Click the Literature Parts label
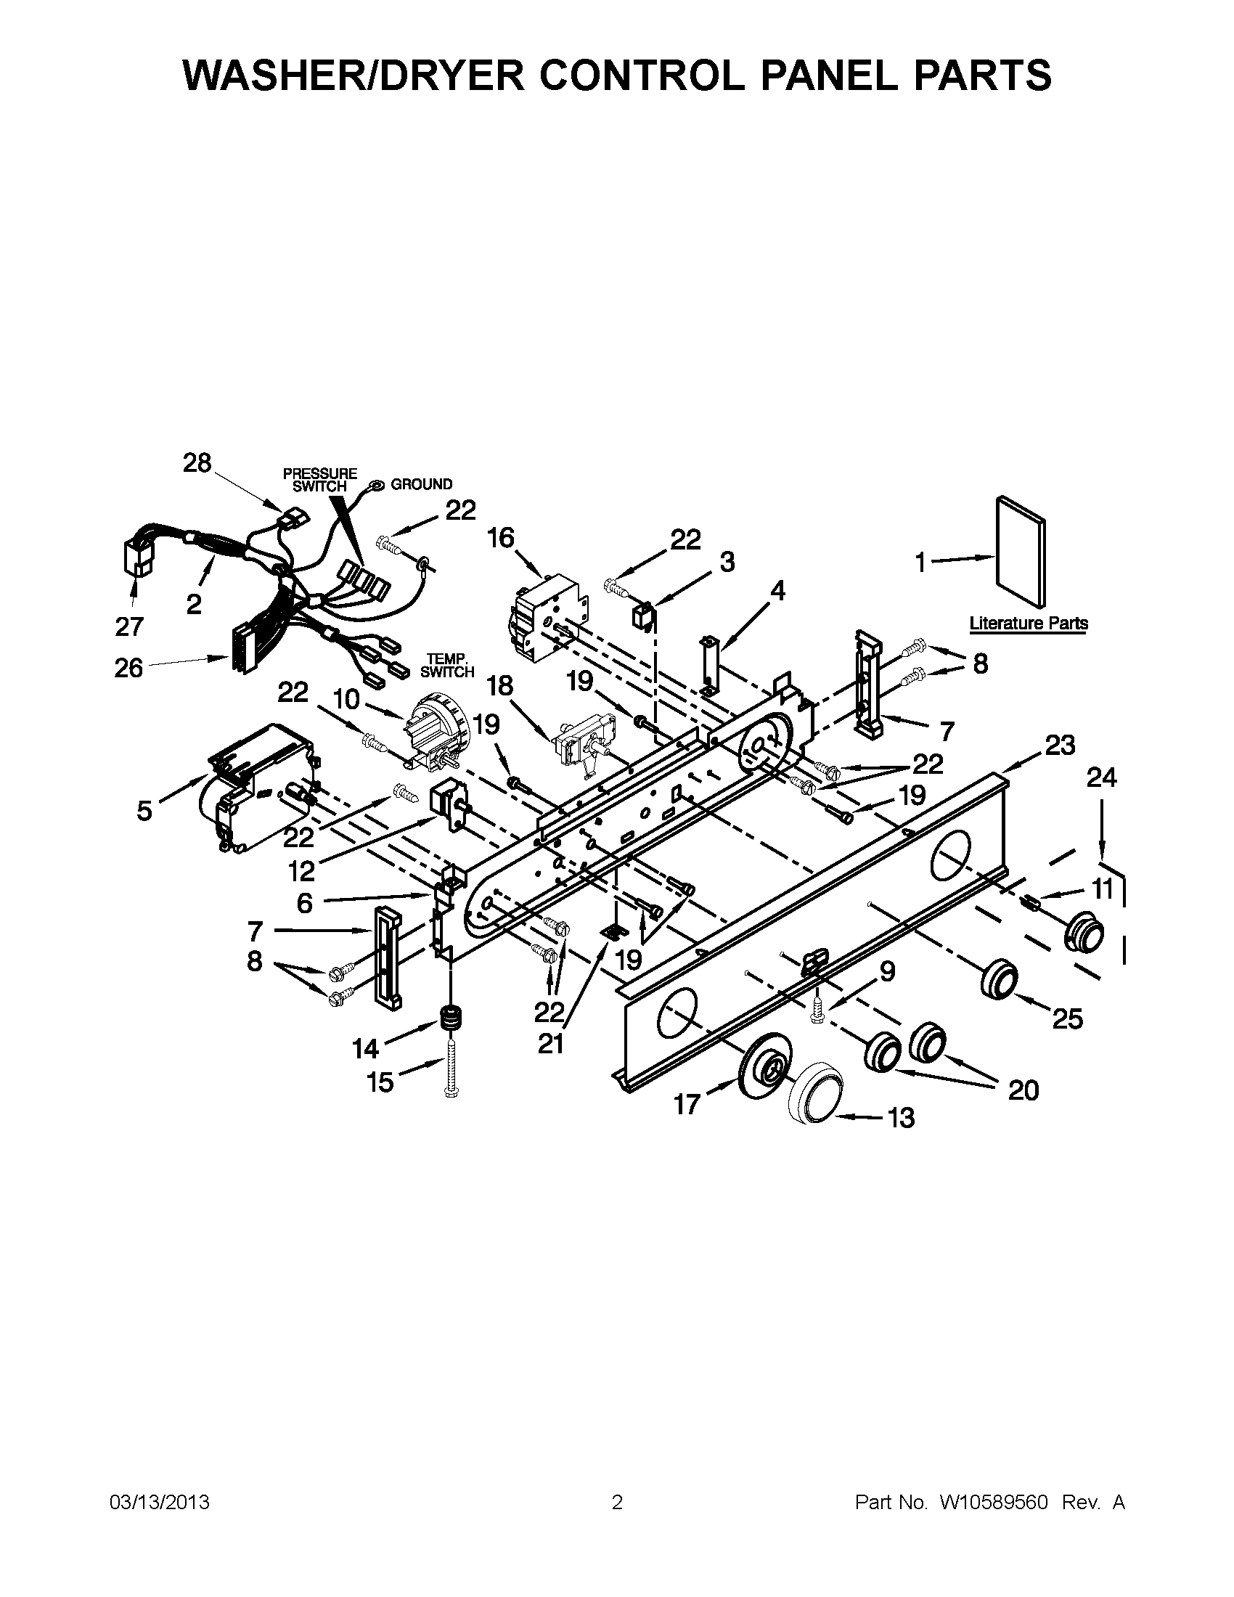pos(1029,624)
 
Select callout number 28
pos(197,463)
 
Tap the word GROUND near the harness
pos(421,484)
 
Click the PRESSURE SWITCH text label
pos(319,480)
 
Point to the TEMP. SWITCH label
pos(446,666)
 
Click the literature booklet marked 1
pos(1021,551)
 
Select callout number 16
pos(502,538)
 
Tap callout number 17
pos(687,1104)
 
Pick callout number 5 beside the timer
pos(144,810)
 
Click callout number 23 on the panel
pos(1060,745)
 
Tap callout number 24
pos(1101,777)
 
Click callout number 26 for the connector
pos(128,668)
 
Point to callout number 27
pos(129,626)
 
